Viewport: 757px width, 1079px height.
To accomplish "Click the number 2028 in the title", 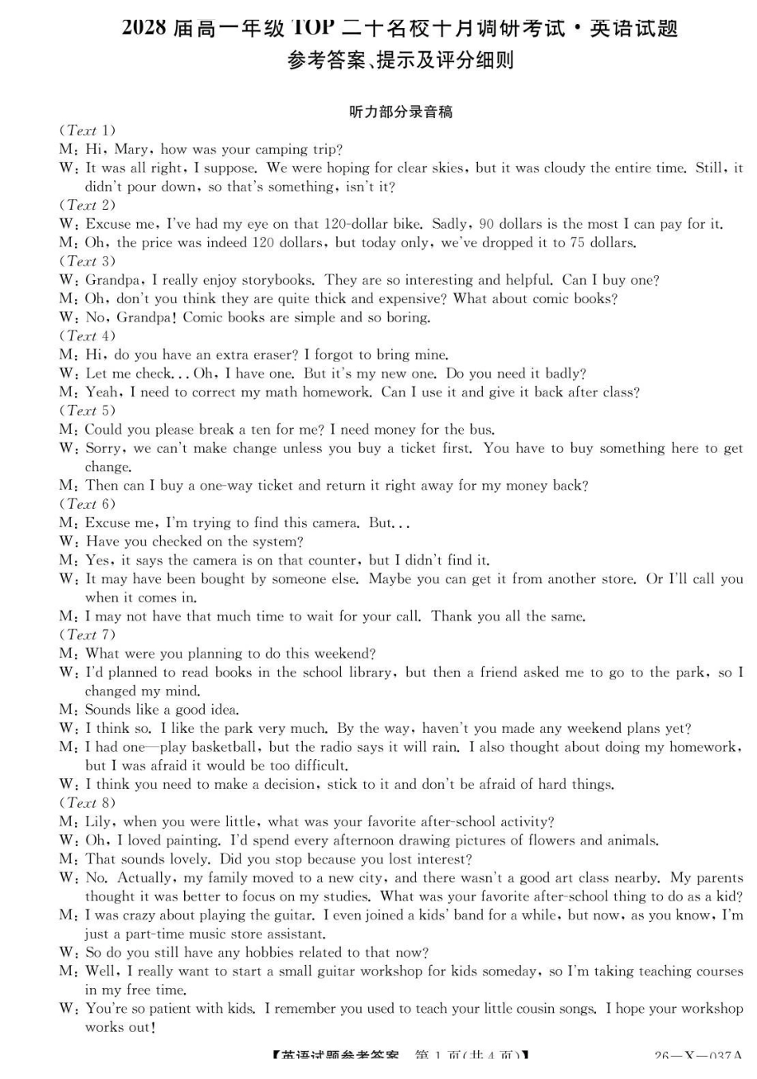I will coord(144,29).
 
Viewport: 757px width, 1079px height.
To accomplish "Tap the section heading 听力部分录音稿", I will coord(401,112).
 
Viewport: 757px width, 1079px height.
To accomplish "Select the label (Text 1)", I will coord(87,130).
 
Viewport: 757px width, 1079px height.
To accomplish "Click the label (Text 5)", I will coord(87,411).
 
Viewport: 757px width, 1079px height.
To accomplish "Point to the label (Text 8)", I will coord(87,803).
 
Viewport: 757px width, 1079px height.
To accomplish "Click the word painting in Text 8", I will coord(190,841).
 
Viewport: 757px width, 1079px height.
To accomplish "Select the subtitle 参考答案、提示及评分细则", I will coord(400,61).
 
